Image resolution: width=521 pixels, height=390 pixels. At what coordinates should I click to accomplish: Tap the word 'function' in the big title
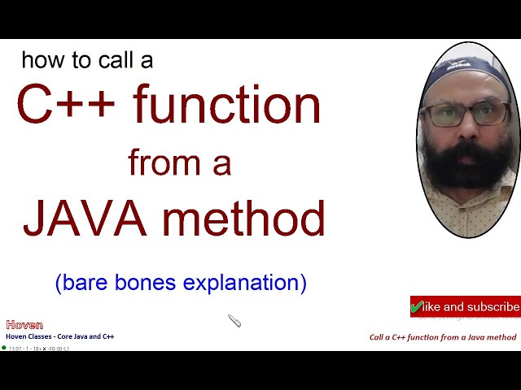pyautogui.click(x=227, y=106)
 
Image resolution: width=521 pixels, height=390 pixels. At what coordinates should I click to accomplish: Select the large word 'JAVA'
pyautogui.click(x=93, y=219)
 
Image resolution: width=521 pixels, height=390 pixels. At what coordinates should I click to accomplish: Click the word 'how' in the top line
pyautogui.click(x=39, y=60)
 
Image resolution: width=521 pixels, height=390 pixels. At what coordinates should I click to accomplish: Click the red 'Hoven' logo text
pyautogui.click(x=24, y=324)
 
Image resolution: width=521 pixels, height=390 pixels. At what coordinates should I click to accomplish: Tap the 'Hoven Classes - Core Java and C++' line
pyautogui.click(x=59, y=336)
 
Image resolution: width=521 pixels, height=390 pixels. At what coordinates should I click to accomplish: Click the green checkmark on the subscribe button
pyautogui.click(x=418, y=307)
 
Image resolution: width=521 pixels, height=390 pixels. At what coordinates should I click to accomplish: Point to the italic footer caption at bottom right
pyautogui.click(x=442, y=337)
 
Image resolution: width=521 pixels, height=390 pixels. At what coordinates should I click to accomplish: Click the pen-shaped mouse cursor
pyautogui.click(x=234, y=321)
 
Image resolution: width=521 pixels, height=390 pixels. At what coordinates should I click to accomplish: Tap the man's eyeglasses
pyautogui.click(x=466, y=114)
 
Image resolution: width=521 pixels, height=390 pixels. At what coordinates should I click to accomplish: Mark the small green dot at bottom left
pyautogui.click(x=4, y=348)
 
